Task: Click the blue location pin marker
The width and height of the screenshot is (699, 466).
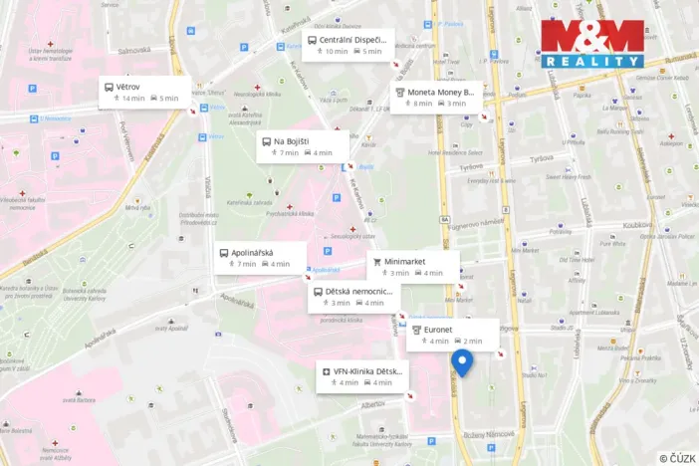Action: pos(462,361)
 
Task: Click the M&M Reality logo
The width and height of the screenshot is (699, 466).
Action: pos(591,43)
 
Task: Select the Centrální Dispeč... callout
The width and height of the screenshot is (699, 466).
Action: pos(349,45)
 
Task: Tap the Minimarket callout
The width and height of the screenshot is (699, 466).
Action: pos(412,267)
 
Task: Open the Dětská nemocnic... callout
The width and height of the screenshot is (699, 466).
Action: pos(353,297)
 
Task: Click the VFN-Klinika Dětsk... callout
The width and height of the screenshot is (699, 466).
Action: pos(362,376)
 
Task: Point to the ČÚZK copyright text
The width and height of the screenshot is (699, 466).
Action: pos(676,457)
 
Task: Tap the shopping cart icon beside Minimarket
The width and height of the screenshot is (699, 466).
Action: pos(377,261)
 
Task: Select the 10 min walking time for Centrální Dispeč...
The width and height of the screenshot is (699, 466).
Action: pos(336,51)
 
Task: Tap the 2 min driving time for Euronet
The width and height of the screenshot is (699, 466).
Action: pos(472,342)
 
